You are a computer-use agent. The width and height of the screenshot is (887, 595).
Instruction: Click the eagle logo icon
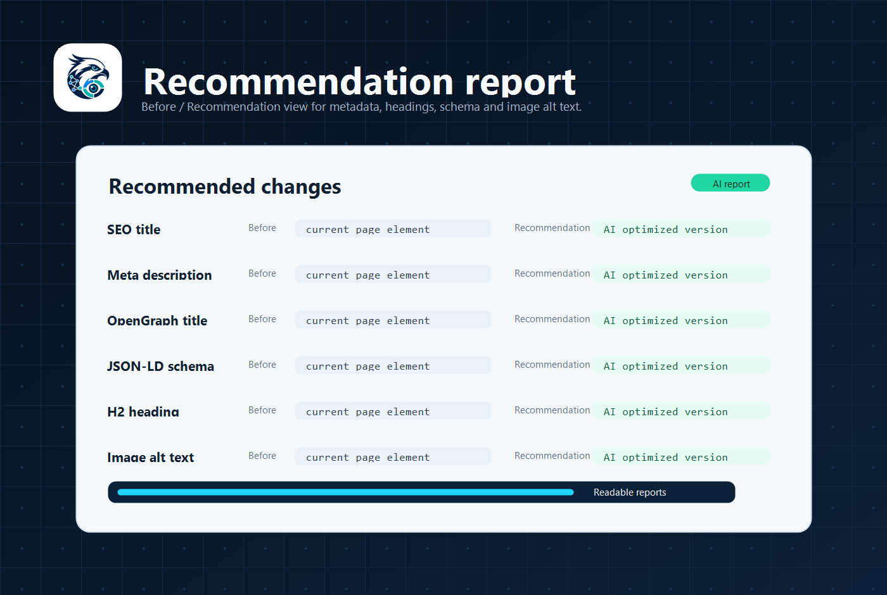point(87,77)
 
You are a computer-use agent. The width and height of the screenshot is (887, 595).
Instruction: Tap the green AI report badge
point(730,183)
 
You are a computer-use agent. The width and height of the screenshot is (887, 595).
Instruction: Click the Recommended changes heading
point(224,186)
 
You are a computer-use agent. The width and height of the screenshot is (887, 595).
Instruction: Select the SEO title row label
point(134,229)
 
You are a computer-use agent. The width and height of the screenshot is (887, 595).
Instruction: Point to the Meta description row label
point(160,275)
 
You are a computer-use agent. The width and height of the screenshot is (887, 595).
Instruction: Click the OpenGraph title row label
point(157,320)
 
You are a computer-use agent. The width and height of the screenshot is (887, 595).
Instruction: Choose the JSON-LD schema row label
point(160,366)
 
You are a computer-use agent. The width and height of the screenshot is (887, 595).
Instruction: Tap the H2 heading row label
point(143,411)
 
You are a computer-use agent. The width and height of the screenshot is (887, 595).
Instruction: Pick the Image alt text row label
point(151,457)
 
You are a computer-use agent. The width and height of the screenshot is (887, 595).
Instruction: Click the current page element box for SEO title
point(393,229)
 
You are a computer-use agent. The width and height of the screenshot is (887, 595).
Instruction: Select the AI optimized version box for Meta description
point(682,273)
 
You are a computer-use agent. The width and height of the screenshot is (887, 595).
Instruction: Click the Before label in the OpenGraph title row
point(262,319)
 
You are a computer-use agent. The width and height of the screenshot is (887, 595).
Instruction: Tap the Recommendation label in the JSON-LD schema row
point(552,365)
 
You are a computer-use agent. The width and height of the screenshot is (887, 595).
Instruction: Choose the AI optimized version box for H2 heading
point(682,410)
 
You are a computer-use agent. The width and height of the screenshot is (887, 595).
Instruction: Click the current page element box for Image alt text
point(393,456)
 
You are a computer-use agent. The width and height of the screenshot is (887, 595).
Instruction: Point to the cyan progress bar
point(346,492)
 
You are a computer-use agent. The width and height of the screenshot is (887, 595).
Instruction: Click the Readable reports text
point(630,492)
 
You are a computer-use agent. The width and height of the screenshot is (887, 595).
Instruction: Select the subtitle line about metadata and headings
point(362,107)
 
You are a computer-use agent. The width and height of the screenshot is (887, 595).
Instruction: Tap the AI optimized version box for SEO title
point(682,229)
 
